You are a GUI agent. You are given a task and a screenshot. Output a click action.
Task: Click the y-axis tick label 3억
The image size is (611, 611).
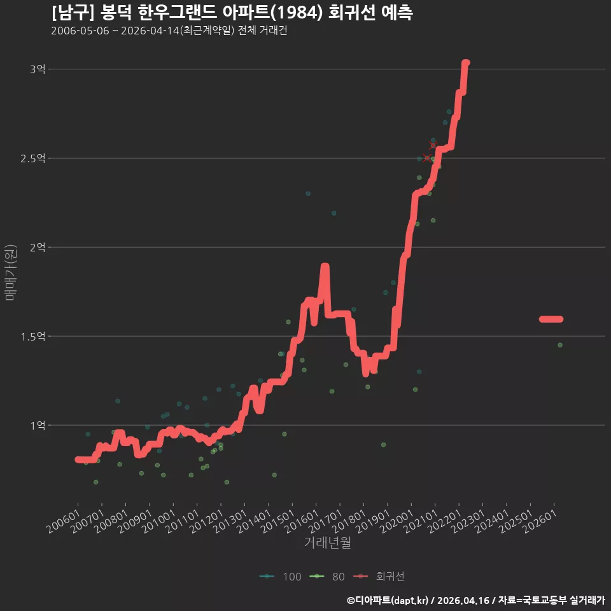tap(38, 69)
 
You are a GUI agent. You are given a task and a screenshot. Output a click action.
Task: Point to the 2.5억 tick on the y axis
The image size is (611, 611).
tap(33, 158)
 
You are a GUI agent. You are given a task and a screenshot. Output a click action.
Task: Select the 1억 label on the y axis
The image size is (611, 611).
tap(38, 425)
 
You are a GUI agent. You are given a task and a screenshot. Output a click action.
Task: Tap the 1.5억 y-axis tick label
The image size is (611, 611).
tap(33, 336)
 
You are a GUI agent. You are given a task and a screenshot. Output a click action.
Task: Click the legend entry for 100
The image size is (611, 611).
tap(281, 577)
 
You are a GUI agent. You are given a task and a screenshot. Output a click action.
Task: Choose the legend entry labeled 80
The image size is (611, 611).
tap(327, 577)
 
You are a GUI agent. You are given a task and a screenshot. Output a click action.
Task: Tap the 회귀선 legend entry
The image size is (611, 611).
tap(379, 577)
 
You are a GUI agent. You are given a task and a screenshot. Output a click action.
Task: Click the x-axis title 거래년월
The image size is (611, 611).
tap(327, 542)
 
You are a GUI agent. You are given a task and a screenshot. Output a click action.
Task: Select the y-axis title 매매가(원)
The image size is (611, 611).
tap(11, 272)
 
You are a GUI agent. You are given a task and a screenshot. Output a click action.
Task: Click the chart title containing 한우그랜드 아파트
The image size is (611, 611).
tap(232, 13)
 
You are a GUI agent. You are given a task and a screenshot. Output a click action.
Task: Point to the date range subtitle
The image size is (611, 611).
tap(169, 31)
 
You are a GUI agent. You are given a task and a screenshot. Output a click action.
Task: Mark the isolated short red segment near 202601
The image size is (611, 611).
tap(551, 319)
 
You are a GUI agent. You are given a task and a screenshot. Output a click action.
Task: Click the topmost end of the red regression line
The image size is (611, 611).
tap(466, 63)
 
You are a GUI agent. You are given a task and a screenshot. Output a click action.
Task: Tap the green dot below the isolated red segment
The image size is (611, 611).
tap(560, 345)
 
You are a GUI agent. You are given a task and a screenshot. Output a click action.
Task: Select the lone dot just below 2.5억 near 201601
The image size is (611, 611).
tap(308, 193)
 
